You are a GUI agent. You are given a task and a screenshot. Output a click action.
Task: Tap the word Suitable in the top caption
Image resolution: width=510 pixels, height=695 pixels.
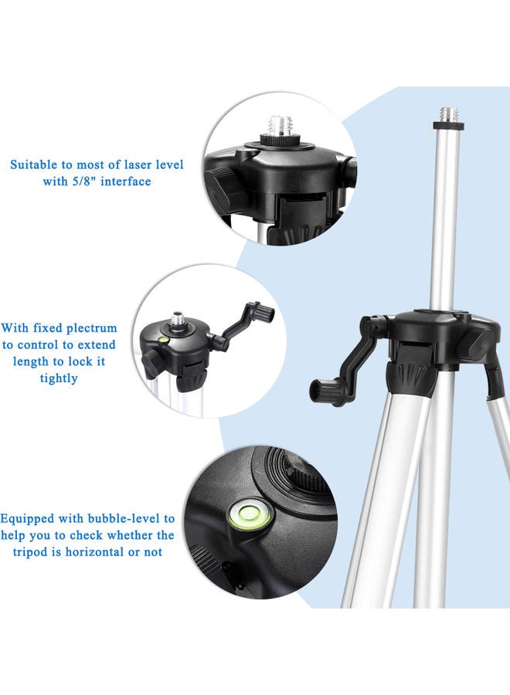click(33, 164)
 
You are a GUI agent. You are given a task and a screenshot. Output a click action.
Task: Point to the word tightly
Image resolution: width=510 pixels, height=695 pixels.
click(59, 378)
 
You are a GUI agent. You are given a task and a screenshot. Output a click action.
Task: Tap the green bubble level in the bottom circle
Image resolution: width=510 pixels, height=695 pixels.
click(249, 513)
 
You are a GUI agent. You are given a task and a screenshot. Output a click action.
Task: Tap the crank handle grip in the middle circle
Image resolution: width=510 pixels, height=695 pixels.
click(266, 313)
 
